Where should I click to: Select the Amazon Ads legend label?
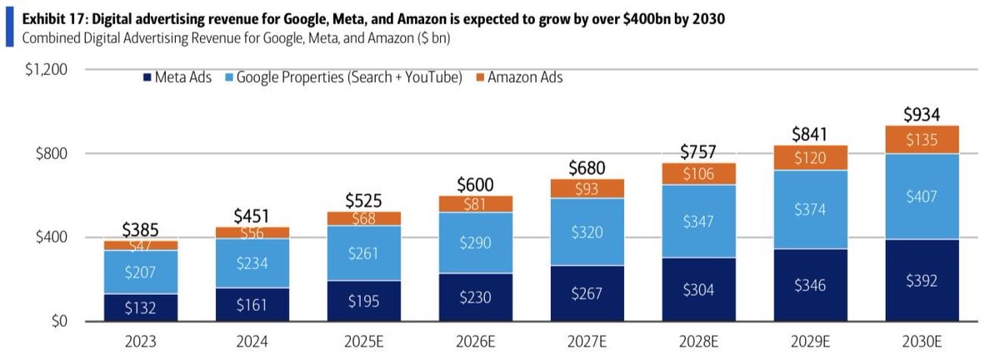pyautogui.click(x=525, y=77)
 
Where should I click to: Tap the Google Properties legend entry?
pyautogui.click(x=348, y=77)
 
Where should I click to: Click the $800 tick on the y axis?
pyautogui.click(x=51, y=154)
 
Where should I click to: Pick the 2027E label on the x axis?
pyautogui.click(x=587, y=342)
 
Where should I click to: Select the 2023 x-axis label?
pyautogui.click(x=141, y=342)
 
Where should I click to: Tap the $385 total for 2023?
pyautogui.click(x=141, y=229)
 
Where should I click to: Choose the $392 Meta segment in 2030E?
pyautogui.click(x=922, y=281)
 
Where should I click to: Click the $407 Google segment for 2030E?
pyautogui.click(x=922, y=197)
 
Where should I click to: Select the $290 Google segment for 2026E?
pyautogui.click(x=476, y=243)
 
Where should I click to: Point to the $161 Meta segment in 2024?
pyautogui.click(x=252, y=305)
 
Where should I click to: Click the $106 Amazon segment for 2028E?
pyautogui.click(x=699, y=174)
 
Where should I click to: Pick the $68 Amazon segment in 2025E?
pyautogui.click(x=364, y=218)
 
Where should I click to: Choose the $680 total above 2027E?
pyautogui.click(x=587, y=167)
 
